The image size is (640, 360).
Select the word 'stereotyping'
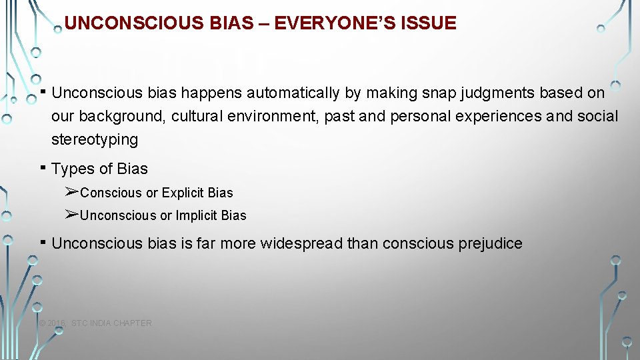coord(95,140)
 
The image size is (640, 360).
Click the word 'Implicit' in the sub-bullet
coord(197,215)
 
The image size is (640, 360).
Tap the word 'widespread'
coord(301,243)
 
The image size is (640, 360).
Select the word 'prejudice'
coord(490,243)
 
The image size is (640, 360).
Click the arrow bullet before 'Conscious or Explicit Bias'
coord(72,192)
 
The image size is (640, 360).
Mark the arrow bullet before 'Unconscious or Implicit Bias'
coord(72,215)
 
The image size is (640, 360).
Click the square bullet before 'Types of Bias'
coord(42,168)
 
